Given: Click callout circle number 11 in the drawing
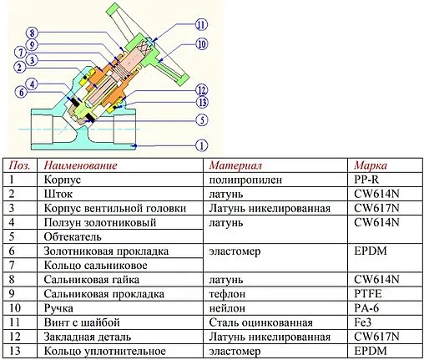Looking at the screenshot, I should click(202, 25).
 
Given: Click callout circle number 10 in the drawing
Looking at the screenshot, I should click(202, 43).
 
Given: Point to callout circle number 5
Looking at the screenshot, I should click(201, 119).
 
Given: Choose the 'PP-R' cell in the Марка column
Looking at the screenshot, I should click(369, 179).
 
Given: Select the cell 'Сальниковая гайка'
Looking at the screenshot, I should click(90, 279).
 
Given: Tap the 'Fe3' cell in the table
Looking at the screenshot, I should click(365, 322).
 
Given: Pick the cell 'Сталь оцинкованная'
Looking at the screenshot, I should click(260, 322).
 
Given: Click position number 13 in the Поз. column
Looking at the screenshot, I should click(15, 351).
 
